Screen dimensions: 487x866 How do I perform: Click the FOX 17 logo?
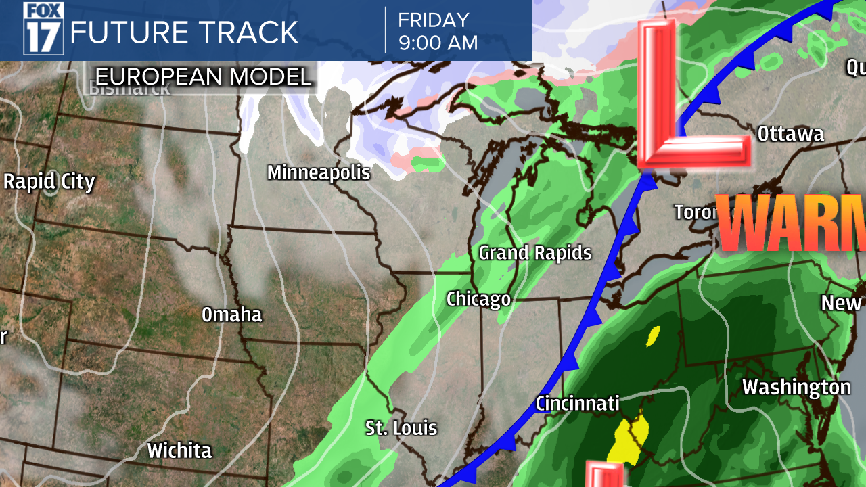[x=43, y=28]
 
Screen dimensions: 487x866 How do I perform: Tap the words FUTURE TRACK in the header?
[x=184, y=32]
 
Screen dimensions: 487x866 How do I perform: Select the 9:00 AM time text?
[x=438, y=43]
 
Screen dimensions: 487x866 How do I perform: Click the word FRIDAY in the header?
[x=433, y=19]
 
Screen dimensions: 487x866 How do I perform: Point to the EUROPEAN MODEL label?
[x=203, y=76]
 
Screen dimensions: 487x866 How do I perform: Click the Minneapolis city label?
[x=319, y=172]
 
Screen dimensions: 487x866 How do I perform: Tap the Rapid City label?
[x=49, y=181]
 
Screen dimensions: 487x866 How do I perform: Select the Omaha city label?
[x=232, y=315]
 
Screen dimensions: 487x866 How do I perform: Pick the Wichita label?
[x=179, y=450]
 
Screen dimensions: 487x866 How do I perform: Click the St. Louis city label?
[x=401, y=427]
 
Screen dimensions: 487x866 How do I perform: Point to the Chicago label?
[x=478, y=299]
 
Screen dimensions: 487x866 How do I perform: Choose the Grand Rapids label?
[x=535, y=253]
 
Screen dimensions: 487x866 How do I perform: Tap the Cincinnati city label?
[x=578, y=403]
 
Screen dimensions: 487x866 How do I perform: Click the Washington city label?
[x=796, y=388]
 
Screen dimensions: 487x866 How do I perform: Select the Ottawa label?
[x=790, y=134]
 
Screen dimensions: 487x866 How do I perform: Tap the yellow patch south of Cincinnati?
[x=629, y=440]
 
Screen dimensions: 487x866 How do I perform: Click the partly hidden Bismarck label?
[x=129, y=87]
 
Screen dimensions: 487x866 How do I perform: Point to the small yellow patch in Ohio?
[x=654, y=335]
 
